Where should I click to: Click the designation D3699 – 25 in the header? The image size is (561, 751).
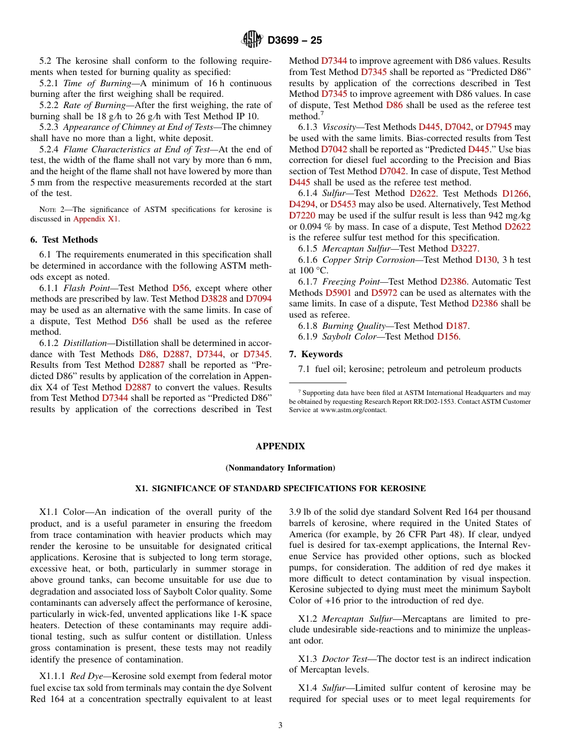pos(295,40)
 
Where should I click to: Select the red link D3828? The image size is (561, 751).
pos(214,299)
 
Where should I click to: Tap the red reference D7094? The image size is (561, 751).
pos(259,299)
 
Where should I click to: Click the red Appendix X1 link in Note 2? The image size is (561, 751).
pos(96,219)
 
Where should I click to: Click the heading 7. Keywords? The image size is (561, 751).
pos(315,354)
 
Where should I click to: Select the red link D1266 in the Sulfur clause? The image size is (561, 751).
pos(516,194)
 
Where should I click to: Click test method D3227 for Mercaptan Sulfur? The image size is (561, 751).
pos(464,249)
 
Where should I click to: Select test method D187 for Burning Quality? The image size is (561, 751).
pos(456,326)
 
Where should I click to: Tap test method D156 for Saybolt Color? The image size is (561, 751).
pos(448,337)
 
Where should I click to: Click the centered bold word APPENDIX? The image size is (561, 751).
pos(280,446)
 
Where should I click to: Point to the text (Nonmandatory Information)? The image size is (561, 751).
pos(280,468)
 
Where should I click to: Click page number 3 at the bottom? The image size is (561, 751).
pos(280,726)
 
